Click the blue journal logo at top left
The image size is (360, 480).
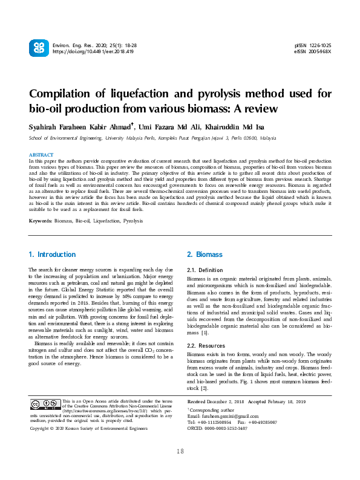point(38,48)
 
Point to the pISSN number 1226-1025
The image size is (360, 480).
point(321,45)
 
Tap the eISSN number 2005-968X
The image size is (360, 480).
point(321,52)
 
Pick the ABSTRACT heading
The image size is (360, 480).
point(41,155)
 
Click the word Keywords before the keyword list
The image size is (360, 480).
point(41,204)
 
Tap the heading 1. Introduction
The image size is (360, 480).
point(53,255)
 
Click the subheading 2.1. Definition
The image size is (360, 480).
point(205,270)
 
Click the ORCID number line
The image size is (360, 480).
point(218,428)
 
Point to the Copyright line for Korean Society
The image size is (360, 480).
point(89,428)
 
